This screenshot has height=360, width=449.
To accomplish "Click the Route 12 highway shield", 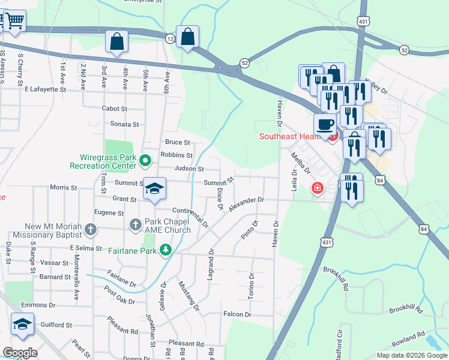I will tap(170, 38).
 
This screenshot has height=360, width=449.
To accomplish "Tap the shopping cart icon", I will tap(14, 21).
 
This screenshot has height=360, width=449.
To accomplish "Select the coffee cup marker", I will tap(325, 124).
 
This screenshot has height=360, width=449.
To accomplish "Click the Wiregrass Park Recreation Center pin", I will tap(145, 161).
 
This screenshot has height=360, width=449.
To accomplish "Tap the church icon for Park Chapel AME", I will tap(136, 225).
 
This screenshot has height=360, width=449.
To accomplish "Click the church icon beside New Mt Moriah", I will tap(90, 229).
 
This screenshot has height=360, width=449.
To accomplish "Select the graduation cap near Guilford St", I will tap(22, 324).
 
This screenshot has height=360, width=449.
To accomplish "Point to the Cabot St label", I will tap(115, 109).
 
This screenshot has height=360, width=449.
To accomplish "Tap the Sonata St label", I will tap(124, 124).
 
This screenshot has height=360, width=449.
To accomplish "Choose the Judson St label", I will tap(189, 169).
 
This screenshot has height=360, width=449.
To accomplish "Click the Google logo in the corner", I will tap(20, 352).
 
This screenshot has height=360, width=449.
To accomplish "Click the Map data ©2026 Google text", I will tap(411, 355).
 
